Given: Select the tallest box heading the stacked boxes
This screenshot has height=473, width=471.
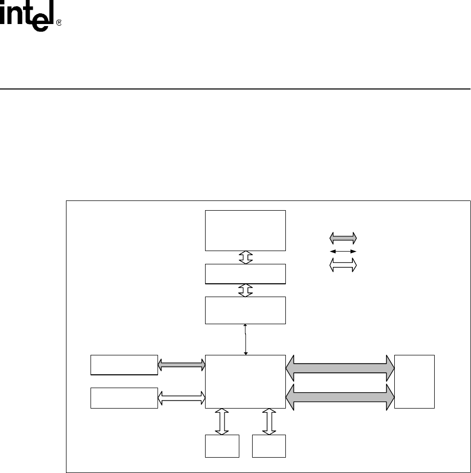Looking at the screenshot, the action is [245, 230].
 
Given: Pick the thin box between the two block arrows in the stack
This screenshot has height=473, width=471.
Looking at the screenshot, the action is [245, 274].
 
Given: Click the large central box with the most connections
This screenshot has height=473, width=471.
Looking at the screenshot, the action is [245, 381].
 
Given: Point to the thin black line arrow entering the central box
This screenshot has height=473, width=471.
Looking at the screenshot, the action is [246, 339].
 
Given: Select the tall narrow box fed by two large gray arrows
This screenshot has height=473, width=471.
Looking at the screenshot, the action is [414, 381].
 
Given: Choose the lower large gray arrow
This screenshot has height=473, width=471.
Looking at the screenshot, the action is [340, 397].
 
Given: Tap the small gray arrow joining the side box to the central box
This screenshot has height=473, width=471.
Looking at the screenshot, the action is [182, 364].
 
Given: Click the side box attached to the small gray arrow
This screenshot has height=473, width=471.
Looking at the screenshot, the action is [124, 364].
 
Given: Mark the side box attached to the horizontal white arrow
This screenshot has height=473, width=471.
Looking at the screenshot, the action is [124, 398].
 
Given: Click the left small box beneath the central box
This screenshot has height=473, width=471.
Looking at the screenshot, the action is [222, 446].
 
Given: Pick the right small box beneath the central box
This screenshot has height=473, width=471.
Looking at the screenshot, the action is [269, 446].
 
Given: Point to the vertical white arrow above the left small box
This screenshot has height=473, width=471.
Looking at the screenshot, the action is [222, 421].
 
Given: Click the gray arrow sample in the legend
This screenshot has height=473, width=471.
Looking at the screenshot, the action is [343, 238].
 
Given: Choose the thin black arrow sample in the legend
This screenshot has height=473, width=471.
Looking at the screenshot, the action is [343, 252].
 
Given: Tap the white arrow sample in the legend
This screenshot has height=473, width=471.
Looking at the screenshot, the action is [343, 265].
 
